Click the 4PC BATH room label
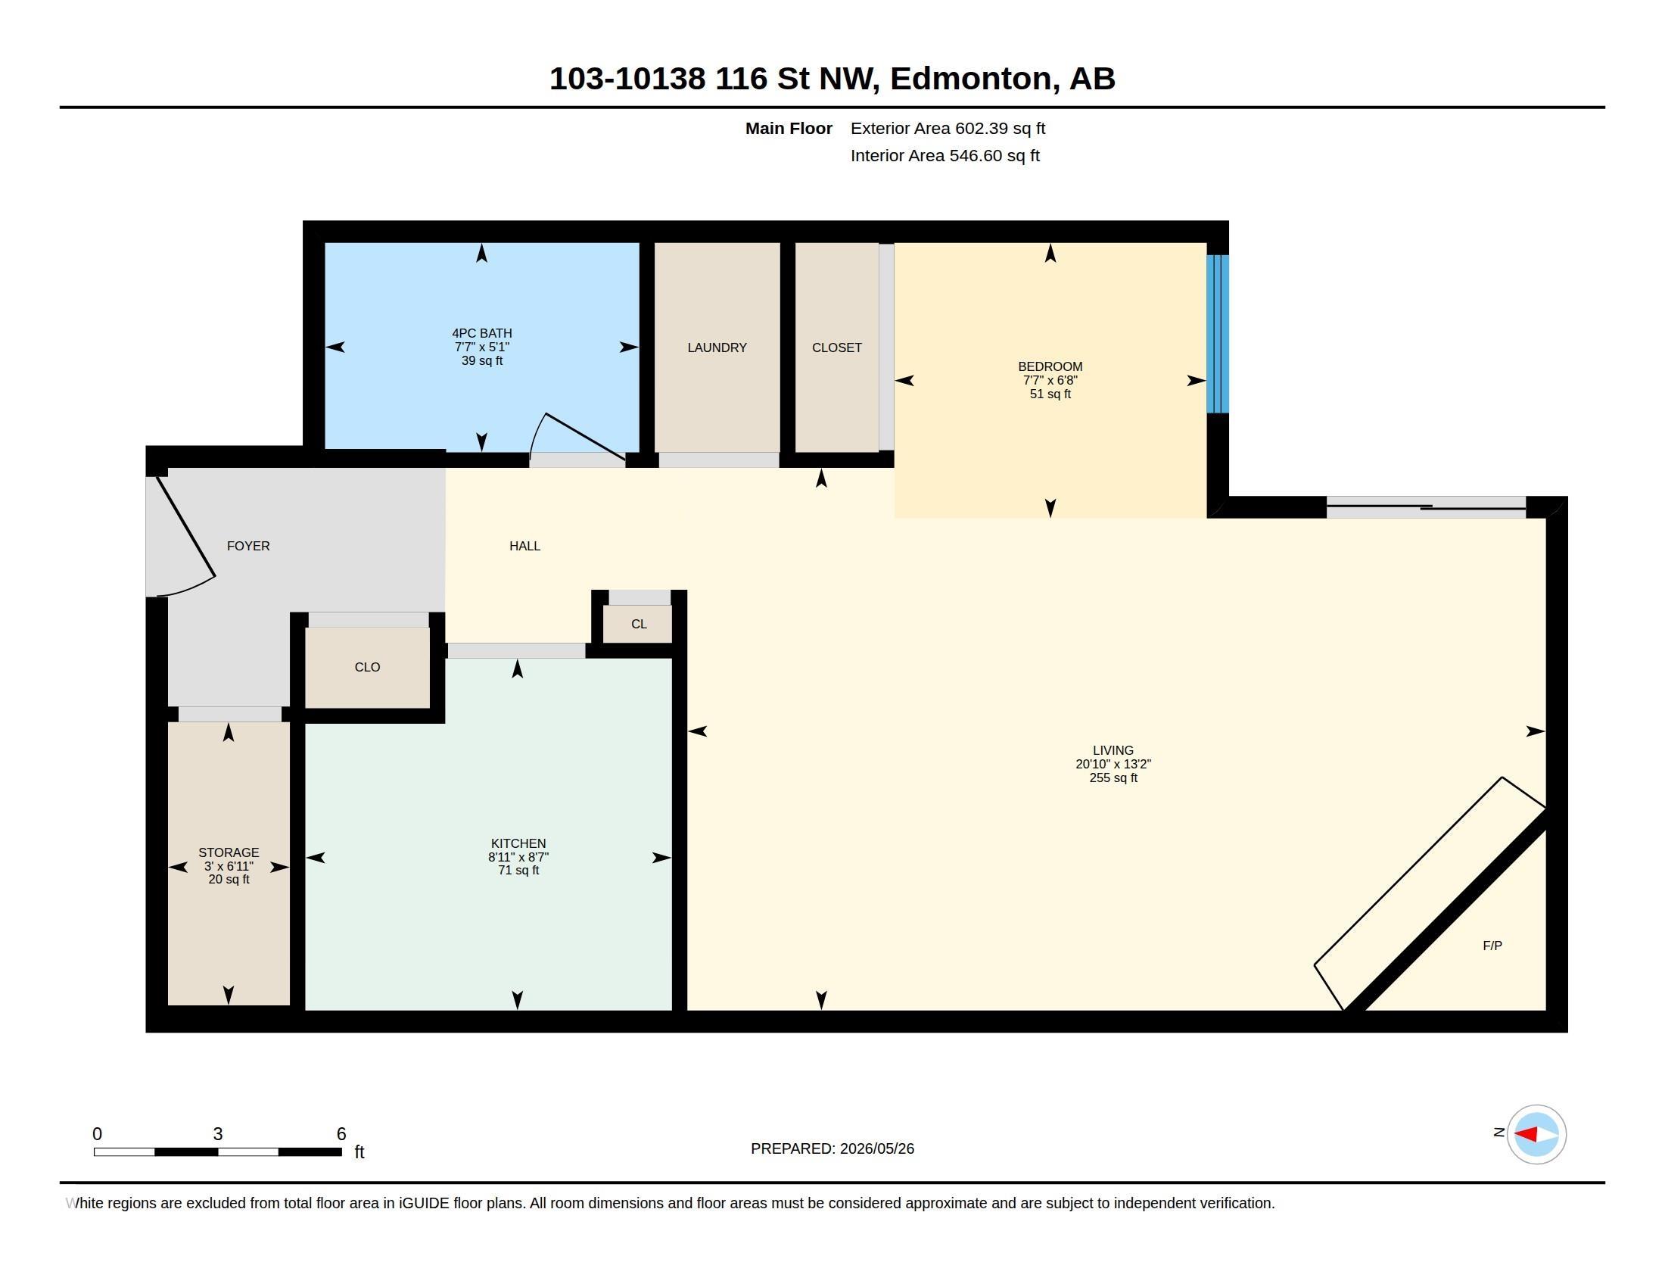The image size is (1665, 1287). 482,333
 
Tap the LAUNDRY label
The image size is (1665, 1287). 717,347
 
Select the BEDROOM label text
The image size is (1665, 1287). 1050,366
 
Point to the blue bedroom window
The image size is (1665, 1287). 1218,334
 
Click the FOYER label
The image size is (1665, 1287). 248,546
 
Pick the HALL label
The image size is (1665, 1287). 524,546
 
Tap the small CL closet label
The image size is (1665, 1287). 639,625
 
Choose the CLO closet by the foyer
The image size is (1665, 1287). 368,667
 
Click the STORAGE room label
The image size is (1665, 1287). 229,852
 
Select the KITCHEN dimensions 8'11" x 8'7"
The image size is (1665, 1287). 518,857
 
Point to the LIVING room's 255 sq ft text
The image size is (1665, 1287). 1113,777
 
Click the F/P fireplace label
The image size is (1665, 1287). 1492,946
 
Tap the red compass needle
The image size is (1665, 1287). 1525,1135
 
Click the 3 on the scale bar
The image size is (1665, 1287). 217,1134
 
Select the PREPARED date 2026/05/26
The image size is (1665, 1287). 876,1148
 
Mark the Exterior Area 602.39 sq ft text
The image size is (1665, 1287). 948,128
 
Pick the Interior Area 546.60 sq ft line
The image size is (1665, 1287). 945,155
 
